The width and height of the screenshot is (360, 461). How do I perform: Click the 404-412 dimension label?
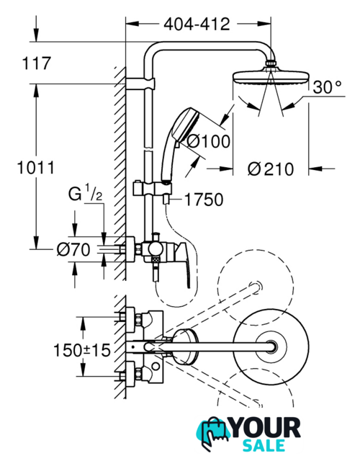point(197,24)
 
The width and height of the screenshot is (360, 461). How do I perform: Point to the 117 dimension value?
point(37,63)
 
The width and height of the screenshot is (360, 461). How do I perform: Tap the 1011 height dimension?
point(36,168)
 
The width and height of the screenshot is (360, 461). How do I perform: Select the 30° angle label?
point(327,87)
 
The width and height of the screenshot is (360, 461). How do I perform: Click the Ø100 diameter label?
point(209,141)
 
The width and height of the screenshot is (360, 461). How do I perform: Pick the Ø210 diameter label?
point(271,169)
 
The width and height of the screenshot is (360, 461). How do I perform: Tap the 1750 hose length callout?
point(204,200)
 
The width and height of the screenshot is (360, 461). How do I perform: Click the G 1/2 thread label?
point(86,193)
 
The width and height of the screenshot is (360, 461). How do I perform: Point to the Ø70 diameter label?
point(73,250)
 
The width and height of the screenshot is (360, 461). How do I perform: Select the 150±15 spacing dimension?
point(82,350)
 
